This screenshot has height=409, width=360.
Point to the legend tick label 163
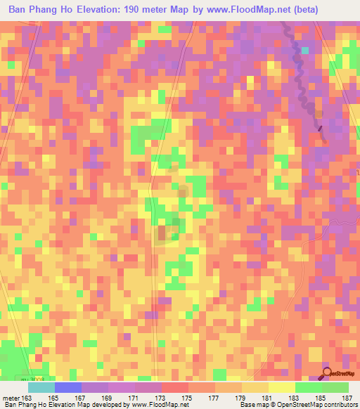[27, 397]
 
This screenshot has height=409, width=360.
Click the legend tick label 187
[345, 397]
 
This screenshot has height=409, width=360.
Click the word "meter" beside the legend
[11, 397]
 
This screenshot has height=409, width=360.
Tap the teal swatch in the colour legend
[41, 387]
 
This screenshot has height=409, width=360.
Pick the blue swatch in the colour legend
[67, 387]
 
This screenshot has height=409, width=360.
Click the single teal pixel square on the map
[305, 51]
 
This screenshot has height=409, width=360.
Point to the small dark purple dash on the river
[321, 128]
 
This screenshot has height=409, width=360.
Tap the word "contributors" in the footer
[338, 405]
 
